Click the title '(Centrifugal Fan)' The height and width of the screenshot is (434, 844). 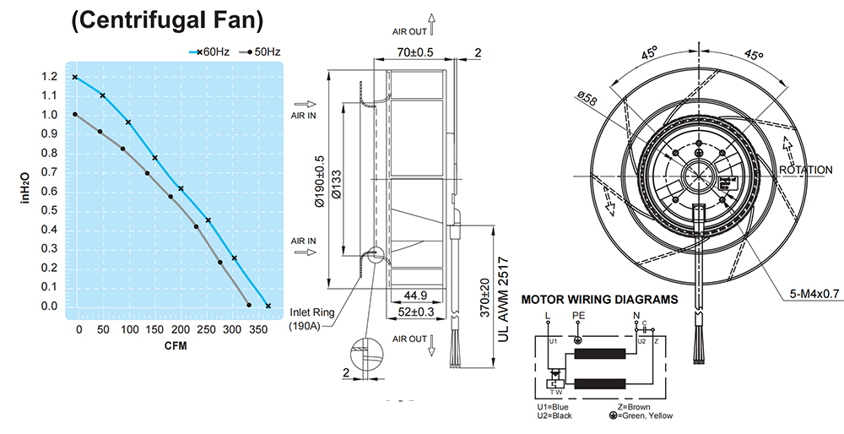pyautogui.click(x=168, y=20)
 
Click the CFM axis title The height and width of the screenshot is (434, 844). pyautogui.click(x=176, y=346)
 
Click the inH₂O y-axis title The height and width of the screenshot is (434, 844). pyautogui.click(x=25, y=189)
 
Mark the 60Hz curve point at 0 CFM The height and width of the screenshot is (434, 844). pyautogui.click(x=75, y=77)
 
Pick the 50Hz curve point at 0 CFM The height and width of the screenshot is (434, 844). pyautogui.click(x=75, y=115)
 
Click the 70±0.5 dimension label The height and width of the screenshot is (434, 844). pyautogui.click(x=415, y=53)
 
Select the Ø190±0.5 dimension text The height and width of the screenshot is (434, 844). pyautogui.click(x=321, y=182)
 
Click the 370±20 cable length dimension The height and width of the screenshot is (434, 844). pyautogui.click(x=484, y=298)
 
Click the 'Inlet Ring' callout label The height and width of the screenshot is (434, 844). pyautogui.click(x=311, y=312)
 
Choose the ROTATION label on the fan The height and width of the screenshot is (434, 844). pyautogui.click(x=806, y=170)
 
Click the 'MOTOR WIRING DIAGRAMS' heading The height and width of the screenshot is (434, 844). pyautogui.click(x=599, y=299)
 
